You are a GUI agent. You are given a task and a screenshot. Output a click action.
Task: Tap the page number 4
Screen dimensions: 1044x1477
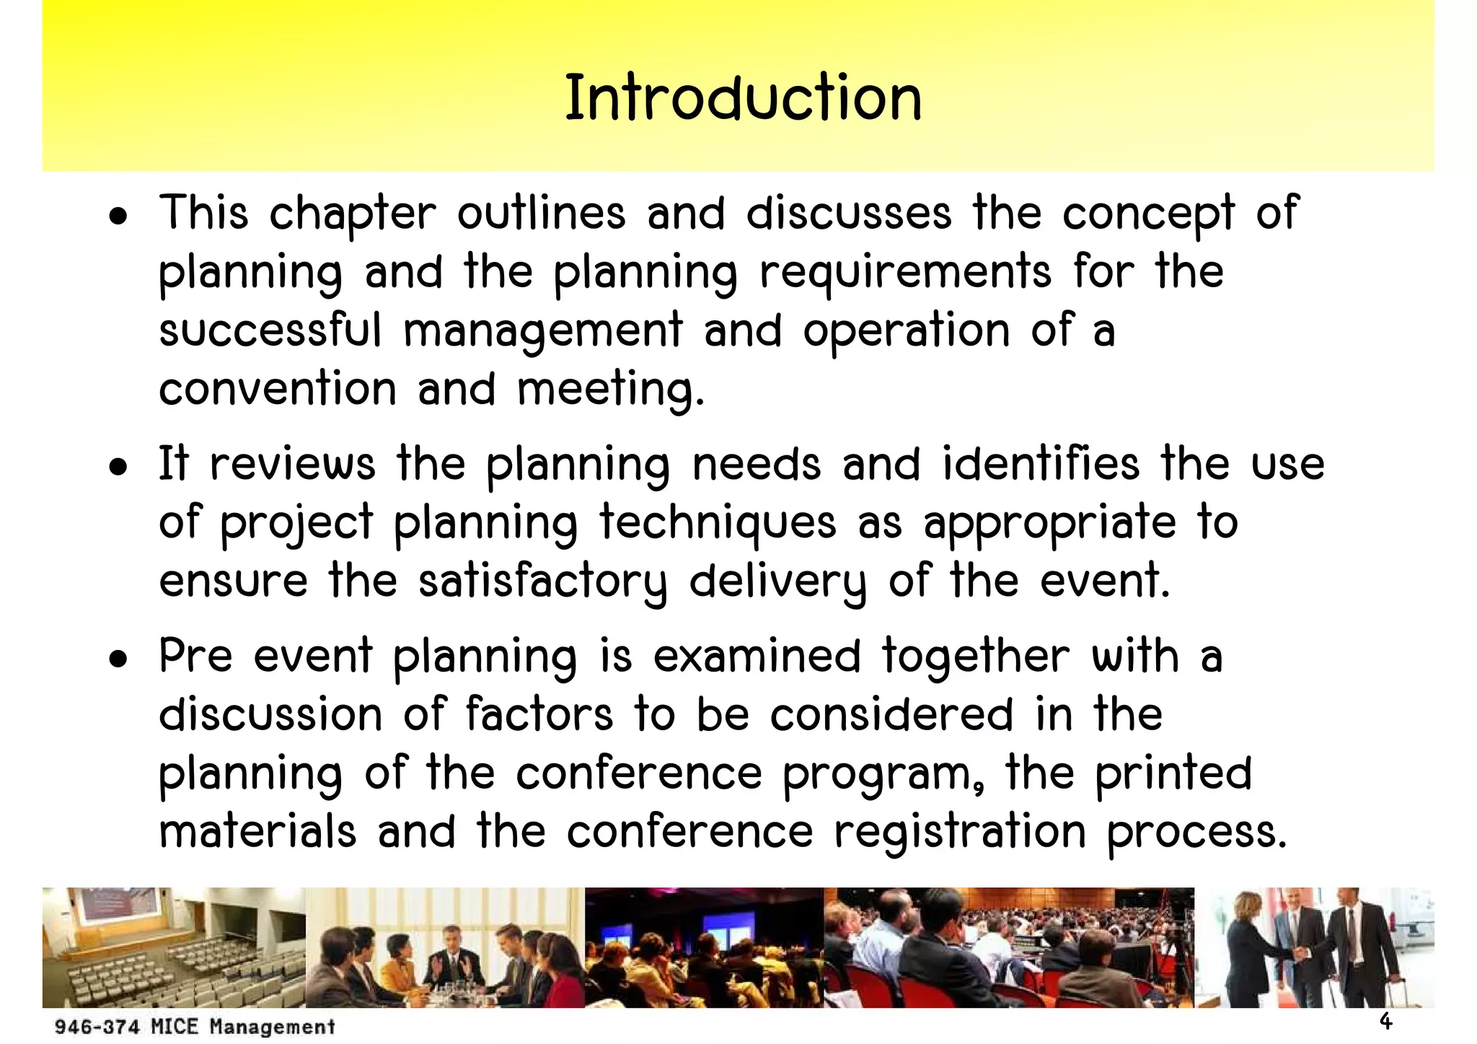1385,1021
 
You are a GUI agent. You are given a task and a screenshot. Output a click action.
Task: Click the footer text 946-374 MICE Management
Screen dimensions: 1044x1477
195,1027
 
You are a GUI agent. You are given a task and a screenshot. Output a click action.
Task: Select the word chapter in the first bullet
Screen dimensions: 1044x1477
353,214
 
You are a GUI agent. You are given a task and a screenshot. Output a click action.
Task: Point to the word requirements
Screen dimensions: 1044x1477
906,273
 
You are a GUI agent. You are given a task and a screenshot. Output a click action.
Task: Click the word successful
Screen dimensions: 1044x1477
270,330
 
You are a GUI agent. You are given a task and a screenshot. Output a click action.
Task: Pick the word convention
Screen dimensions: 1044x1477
278,389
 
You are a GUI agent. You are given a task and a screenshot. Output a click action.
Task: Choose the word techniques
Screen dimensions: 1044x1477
718,522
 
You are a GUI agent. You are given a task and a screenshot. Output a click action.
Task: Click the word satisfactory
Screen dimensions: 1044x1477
543,581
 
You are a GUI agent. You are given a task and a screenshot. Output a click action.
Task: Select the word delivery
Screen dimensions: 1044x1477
777,581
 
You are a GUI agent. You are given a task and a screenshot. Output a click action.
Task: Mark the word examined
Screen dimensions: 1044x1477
757,657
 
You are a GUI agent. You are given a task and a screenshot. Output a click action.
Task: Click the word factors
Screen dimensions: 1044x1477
539,714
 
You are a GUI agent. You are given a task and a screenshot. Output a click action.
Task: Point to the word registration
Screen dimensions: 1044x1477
960,831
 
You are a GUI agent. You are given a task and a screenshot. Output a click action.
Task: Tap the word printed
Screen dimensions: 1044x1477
1173,773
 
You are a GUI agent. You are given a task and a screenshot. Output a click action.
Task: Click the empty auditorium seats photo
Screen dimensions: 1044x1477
174,947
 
